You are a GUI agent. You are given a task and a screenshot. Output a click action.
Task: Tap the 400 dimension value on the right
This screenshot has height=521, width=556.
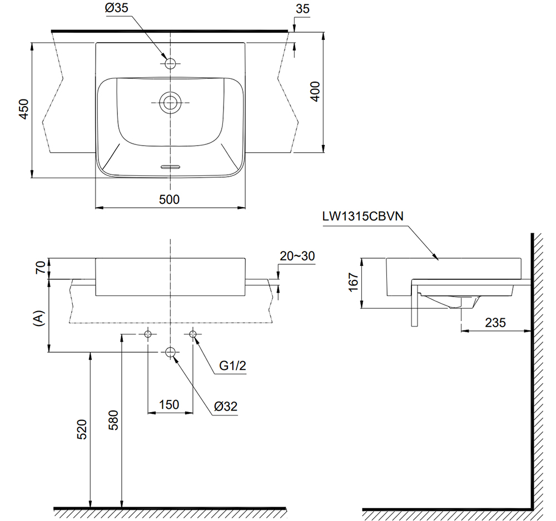coord(315,91)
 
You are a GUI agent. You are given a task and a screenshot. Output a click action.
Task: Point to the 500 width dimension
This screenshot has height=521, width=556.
coord(169,199)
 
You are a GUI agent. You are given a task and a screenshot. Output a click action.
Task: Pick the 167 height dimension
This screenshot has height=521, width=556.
coord(352,283)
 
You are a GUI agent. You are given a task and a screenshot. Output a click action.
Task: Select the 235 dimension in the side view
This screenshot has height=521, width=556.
coord(495,322)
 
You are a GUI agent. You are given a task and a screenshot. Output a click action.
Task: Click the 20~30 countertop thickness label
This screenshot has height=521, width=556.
coord(297,256)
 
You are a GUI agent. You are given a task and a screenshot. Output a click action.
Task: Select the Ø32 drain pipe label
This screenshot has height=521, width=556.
coord(226,406)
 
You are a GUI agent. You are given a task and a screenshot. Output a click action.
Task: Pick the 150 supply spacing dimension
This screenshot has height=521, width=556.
coord(170,404)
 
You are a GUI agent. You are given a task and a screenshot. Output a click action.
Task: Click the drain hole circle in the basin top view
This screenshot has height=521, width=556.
coord(170,103)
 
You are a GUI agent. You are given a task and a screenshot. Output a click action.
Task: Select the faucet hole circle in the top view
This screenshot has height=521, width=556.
coord(170,63)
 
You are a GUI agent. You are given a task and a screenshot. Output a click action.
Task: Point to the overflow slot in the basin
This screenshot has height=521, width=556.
coord(170,166)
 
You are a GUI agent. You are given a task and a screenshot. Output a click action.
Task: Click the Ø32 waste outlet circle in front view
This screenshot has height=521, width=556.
coord(170,352)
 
